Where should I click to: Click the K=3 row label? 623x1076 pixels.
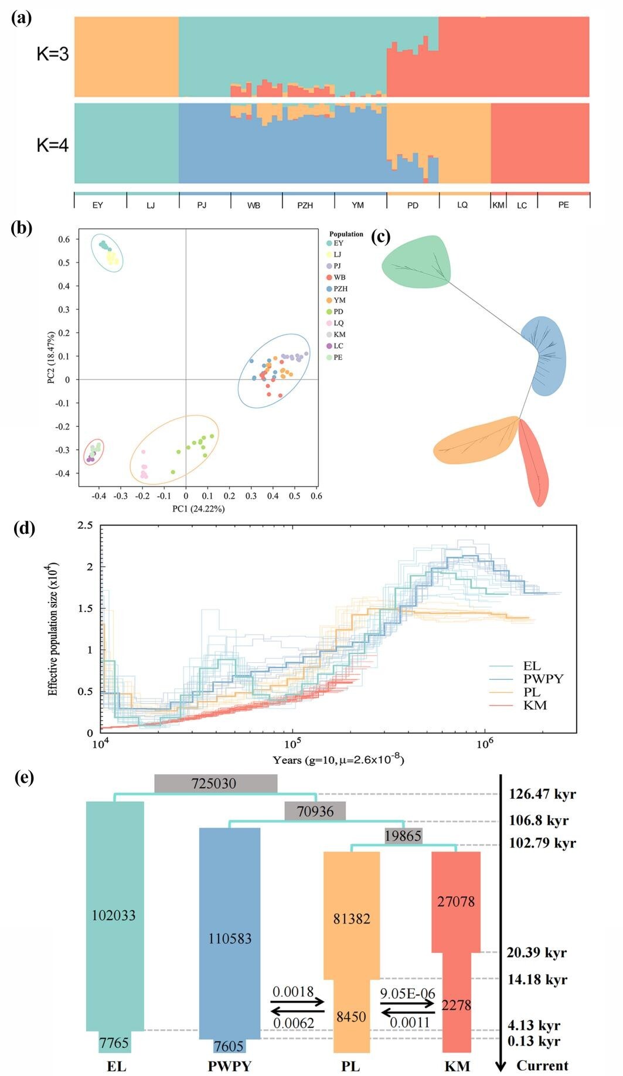pos(53,55)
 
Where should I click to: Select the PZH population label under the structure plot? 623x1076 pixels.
pos(305,205)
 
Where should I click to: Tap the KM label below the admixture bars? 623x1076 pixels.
pos(499,205)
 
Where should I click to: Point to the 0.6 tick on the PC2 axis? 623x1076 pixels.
pos(64,239)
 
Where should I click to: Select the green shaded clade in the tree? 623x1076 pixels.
pos(417,263)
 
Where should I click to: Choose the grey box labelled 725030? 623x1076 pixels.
pos(215,784)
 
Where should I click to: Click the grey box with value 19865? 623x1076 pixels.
pos(403,836)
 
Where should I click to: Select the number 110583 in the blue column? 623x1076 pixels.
pos(230,938)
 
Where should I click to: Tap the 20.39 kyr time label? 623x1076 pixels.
pos(536,952)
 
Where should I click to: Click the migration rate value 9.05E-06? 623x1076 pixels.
pos(408,993)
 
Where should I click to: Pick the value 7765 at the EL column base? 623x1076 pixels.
pos(114,1043)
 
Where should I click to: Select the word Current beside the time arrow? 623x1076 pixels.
pos(542,1065)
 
